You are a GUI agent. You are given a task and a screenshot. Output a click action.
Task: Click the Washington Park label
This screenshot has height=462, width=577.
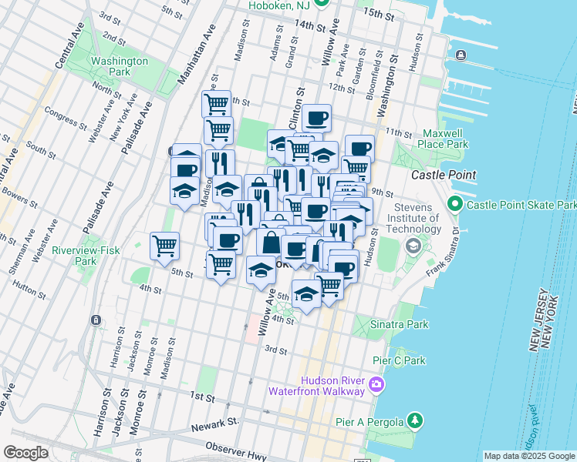coord(119,67)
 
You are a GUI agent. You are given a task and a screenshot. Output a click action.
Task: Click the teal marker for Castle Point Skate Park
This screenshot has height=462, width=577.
coord(454,206)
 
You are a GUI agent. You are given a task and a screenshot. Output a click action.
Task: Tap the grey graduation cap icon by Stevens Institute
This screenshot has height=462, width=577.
coord(413,246)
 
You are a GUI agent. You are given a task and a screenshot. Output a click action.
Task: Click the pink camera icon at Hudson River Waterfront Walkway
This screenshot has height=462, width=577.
coord(376,383)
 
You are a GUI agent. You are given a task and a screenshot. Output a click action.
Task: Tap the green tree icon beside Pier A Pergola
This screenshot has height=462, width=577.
coord(415,420)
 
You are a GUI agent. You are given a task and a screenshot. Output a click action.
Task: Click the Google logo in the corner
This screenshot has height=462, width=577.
coord(25,453)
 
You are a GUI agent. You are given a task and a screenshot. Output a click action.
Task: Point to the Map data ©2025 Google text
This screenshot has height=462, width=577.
coord(529,456)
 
